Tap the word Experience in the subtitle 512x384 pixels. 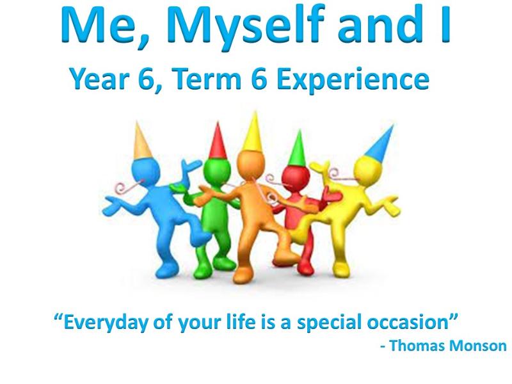point(353,80)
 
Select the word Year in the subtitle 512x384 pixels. point(99,79)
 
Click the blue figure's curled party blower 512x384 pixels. point(128,187)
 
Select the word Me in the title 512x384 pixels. point(105,26)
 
